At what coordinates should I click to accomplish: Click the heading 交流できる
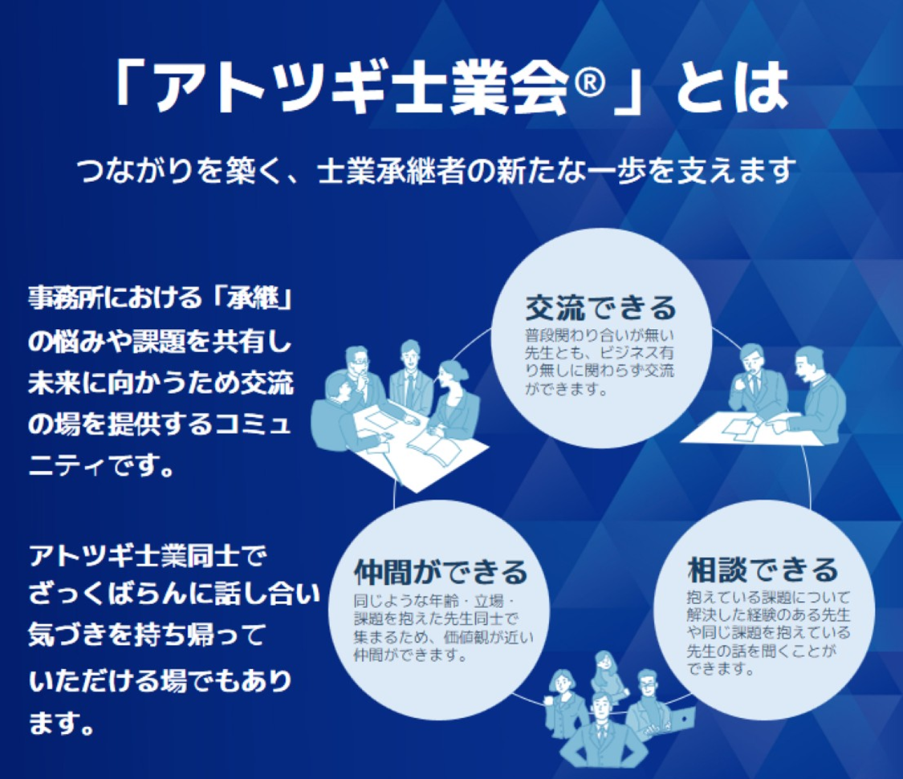point(600,308)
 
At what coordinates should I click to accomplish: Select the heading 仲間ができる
point(441,572)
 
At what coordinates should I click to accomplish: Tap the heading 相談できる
point(763,570)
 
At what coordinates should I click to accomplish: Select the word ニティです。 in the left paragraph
point(102,465)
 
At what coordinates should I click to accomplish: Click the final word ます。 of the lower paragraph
point(61,722)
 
